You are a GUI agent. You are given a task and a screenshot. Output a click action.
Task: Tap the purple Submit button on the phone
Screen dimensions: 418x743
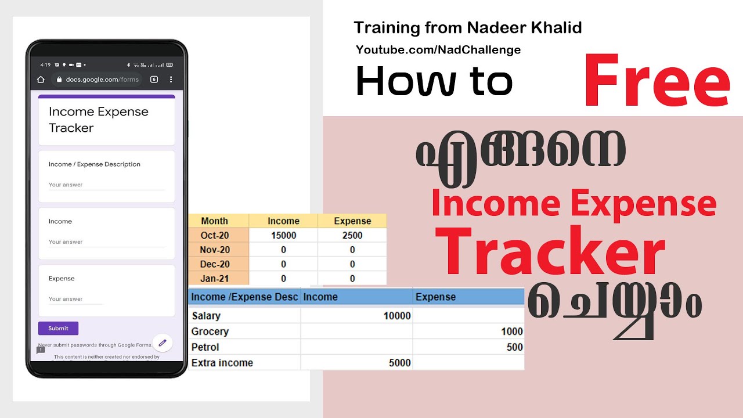[58, 328]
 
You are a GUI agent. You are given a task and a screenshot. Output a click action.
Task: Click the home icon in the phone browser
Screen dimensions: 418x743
[41, 80]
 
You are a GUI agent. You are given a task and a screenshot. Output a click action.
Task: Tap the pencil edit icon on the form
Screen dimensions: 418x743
[163, 343]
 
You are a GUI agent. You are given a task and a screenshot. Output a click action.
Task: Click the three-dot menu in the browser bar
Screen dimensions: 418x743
[171, 80]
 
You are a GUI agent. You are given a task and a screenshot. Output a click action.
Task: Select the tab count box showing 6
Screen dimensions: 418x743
[154, 80]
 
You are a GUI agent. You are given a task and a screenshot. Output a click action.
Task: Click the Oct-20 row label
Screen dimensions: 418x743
[215, 235]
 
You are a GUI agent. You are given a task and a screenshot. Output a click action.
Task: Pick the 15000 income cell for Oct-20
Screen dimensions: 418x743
[283, 235]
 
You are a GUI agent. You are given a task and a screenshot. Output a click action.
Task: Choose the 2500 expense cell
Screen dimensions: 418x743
[352, 235]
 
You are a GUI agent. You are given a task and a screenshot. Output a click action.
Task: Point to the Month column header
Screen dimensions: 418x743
[214, 221]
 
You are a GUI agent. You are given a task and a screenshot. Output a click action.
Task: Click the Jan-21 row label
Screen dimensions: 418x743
[215, 279]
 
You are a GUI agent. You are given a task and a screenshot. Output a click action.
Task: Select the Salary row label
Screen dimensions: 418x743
[206, 316]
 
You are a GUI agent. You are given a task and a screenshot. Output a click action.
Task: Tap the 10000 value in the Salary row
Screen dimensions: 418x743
[397, 316]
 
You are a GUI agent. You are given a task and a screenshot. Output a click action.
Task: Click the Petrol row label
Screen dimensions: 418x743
[205, 347]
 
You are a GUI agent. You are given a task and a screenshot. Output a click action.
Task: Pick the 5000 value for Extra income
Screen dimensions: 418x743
[399, 363]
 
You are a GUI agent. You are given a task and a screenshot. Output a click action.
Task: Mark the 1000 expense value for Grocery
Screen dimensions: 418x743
[513, 331]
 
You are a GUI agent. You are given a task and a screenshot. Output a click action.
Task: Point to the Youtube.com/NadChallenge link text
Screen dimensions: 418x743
[438, 50]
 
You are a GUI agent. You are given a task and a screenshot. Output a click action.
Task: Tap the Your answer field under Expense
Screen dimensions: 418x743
[75, 299]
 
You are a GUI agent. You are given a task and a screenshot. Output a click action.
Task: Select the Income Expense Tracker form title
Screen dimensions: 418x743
[99, 120]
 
